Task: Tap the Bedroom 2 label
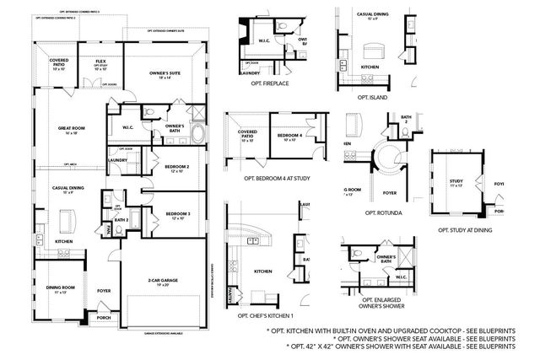(x=176, y=169)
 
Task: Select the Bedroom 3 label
(x=176, y=215)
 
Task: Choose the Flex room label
(x=100, y=62)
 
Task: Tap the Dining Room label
(x=57, y=289)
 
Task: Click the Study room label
(x=456, y=181)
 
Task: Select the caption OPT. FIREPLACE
(x=270, y=83)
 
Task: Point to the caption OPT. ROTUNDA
(x=383, y=213)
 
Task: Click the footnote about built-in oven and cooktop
(x=391, y=330)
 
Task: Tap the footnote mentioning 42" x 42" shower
(x=402, y=346)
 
